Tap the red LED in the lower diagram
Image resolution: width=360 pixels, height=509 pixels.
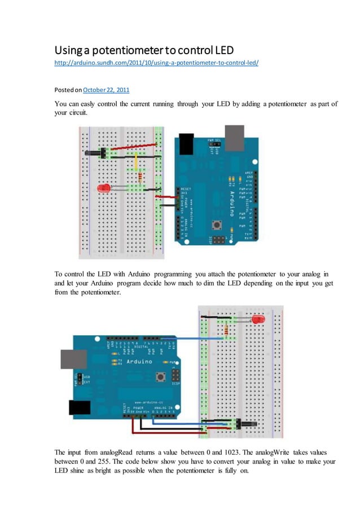point(258,319)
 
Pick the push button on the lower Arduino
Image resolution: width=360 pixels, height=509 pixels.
point(161,376)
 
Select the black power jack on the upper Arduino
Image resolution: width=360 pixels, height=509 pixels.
point(185,146)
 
